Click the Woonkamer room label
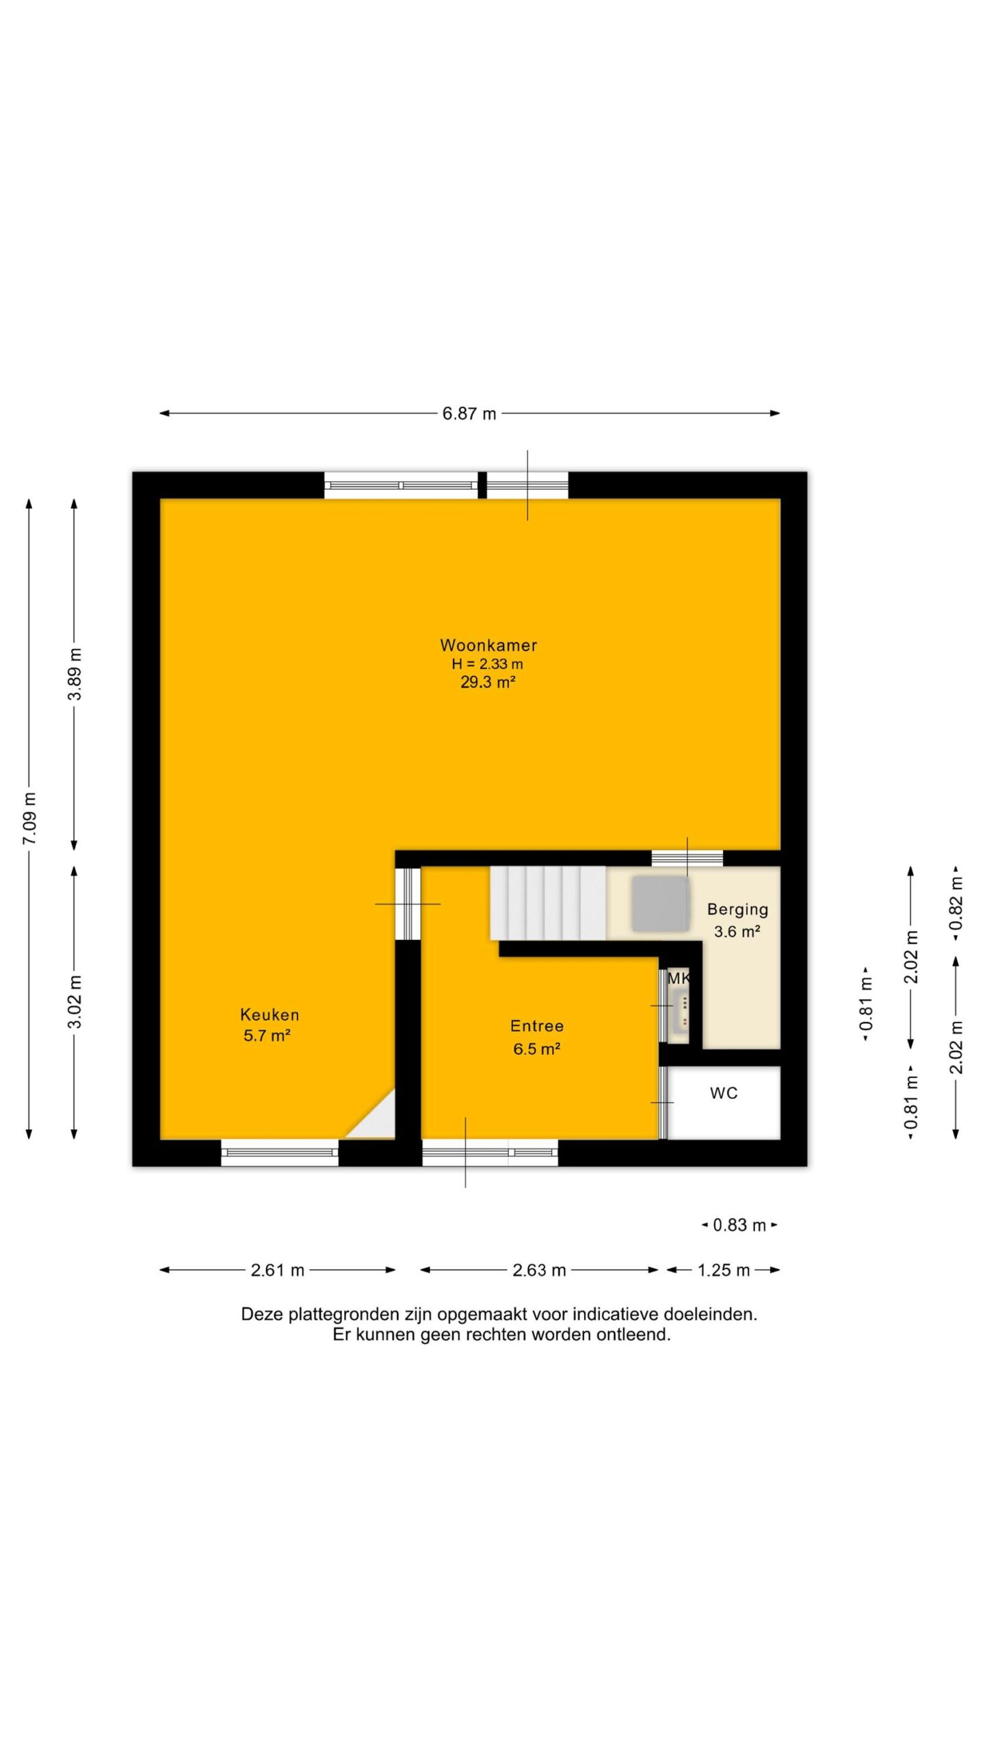pyautogui.click(x=488, y=645)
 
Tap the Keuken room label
pyautogui.click(x=270, y=1015)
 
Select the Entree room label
pyautogui.click(x=537, y=1026)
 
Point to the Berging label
pyautogui.click(x=737, y=910)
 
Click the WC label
pyautogui.click(x=724, y=1093)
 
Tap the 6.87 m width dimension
pyautogui.click(x=469, y=413)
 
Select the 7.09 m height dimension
pyautogui.click(x=30, y=819)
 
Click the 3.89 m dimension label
pyautogui.click(x=75, y=674)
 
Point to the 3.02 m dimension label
pyautogui.click(x=75, y=1003)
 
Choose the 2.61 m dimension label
pyautogui.click(x=278, y=1270)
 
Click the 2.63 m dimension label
pyautogui.click(x=539, y=1270)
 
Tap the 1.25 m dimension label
pyautogui.click(x=724, y=1270)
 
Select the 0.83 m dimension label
pyautogui.click(x=739, y=1225)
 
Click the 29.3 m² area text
pyautogui.click(x=488, y=682)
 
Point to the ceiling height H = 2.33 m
pyautogui.click(x=488, y=663)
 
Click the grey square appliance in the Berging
pyautogui.click(x=660, y=904)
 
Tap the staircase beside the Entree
pyautogui.click(x=548, y=903)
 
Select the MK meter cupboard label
pyautogui.click(x=679, y=979)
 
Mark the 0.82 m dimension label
pyautogui.click(x=956, y=901)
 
